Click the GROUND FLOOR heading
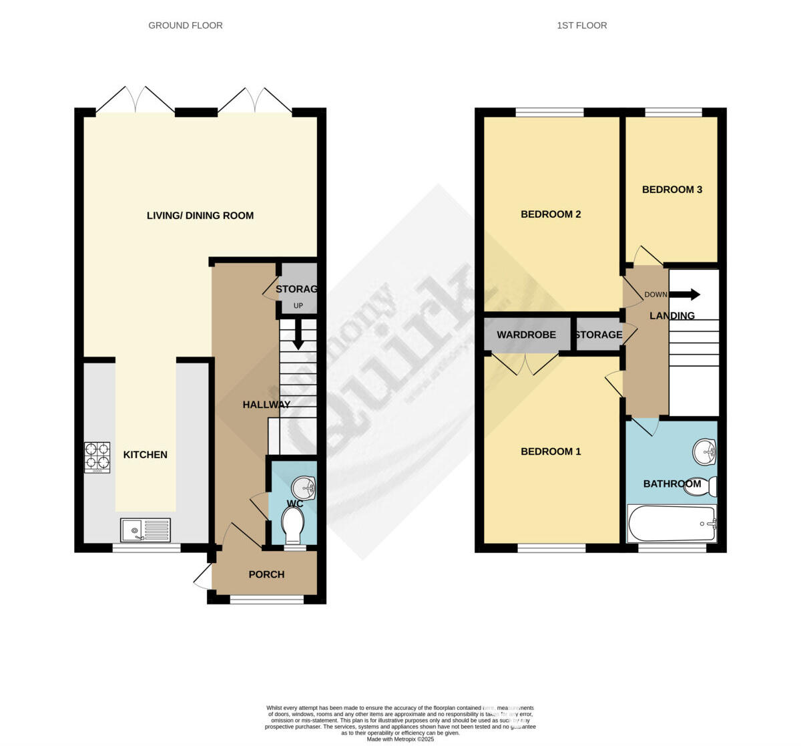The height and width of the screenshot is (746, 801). [186, 25]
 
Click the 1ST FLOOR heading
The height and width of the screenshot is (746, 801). [582, 25]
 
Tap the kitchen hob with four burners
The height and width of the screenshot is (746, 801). [97, 457]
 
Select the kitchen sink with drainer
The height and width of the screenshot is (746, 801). [146, 530]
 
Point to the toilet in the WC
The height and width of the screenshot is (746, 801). [293, 524]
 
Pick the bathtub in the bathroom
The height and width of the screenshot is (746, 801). [672, 524]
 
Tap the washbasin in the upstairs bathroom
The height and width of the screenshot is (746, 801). [704, 452]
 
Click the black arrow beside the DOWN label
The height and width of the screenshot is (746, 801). [686, 295]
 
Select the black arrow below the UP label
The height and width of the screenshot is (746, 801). [298, 334]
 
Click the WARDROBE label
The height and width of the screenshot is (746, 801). [526, 335]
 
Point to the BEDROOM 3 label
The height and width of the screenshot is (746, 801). [672, 190]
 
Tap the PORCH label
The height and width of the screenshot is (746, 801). [266, 574]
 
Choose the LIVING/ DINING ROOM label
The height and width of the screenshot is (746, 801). [200, 216]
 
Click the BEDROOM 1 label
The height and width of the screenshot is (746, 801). [551, 451]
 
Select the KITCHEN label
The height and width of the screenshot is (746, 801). [146, 455]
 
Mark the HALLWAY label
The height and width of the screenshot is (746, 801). [266, 405]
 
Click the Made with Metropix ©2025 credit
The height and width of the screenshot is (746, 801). [400, 739]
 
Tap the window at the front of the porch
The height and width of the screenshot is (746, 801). [266, 599]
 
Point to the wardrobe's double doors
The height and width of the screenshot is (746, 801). [526, 363]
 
